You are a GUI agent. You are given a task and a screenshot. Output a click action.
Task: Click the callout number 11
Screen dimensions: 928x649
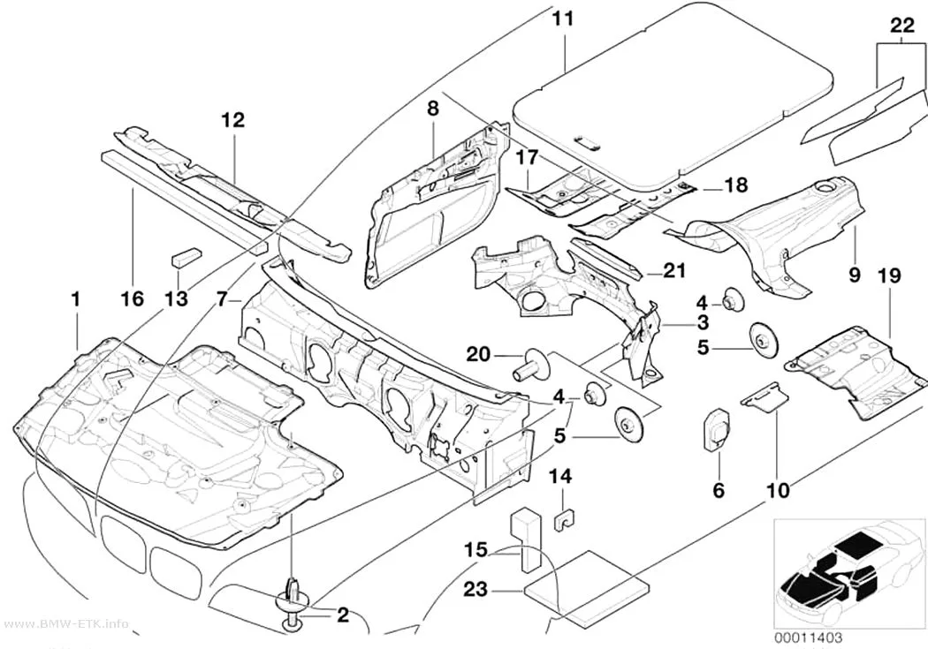pos(563,19)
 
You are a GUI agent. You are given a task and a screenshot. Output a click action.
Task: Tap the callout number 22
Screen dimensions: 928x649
pos(902,26)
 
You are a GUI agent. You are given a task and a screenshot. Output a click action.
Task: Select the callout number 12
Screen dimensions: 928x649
pos(232,120)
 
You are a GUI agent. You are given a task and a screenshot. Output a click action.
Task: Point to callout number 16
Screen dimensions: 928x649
pos(133,298)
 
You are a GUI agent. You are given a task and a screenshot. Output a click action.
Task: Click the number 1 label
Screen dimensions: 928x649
pos(75,299)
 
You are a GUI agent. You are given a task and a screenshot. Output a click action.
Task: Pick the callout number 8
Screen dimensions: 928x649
pos(433,108)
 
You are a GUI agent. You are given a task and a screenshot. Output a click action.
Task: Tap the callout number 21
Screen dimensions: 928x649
pos(675,271)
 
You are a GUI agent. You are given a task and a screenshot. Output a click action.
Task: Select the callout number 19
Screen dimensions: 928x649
pos(889,275)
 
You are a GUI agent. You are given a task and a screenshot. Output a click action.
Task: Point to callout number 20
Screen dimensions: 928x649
pos(479,355)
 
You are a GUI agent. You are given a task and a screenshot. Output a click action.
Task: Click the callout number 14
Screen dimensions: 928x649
pos(560,477)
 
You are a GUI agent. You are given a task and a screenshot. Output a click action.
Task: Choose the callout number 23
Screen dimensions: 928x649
pos(476,589)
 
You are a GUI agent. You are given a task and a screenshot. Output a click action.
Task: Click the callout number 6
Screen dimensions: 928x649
pos(719,490)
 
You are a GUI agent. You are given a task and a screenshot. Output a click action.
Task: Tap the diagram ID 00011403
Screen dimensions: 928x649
pos(808,638)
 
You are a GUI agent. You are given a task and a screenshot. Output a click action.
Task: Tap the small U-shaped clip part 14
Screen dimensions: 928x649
pos(565,518)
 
